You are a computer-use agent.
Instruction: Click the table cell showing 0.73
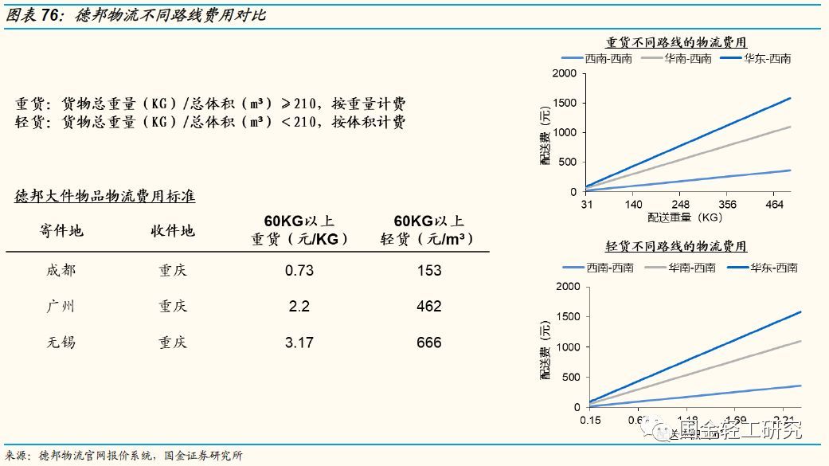pos(299,271)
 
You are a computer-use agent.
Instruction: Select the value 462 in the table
pos(428,307)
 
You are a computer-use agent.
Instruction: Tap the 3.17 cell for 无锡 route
pos(299,343)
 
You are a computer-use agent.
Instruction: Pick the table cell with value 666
pos(428,343)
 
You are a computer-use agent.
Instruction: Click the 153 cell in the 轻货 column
pos(428,271)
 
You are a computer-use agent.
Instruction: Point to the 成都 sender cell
pos(61,271)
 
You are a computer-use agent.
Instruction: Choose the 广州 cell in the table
pos(61,307)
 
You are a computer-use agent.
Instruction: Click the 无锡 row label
pos(61,343)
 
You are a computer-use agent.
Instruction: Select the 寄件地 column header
pos(61,231)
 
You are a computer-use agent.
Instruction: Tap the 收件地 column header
pos(173,231)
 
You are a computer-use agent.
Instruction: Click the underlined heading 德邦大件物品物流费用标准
pos(105,196)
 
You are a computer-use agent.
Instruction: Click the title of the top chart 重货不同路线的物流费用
pos(676,42)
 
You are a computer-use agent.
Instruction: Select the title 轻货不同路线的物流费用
pos(676,247)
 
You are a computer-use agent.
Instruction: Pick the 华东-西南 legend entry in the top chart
pos(757,58)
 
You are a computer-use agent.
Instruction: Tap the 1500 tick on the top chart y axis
pos(564,103)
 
